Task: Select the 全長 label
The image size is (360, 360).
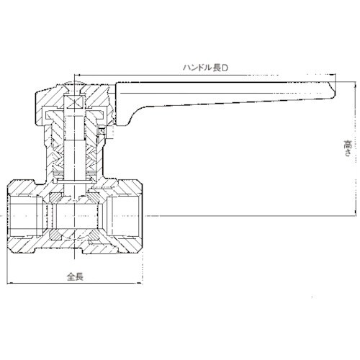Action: [x=75, y=276]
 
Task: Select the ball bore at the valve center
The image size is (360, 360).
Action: [x=74, y=215]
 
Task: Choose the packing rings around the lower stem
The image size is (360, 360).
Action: [x=74, y=172]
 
